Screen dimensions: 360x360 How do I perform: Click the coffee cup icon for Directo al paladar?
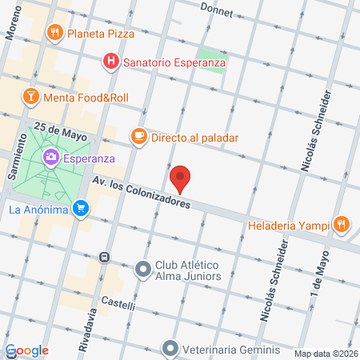(x=138, y=137)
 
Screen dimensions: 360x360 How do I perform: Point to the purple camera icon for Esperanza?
(x=51, y=157)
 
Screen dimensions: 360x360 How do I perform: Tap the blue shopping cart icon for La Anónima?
(x=80, y=210)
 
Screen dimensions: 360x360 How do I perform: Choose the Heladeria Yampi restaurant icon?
(x=342, y=224)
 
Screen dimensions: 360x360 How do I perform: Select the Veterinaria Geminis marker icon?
(x=170, y=348)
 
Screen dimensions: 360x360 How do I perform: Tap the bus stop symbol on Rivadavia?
(x=104, y=257)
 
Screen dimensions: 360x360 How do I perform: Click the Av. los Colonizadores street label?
(x=141, y=193)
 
